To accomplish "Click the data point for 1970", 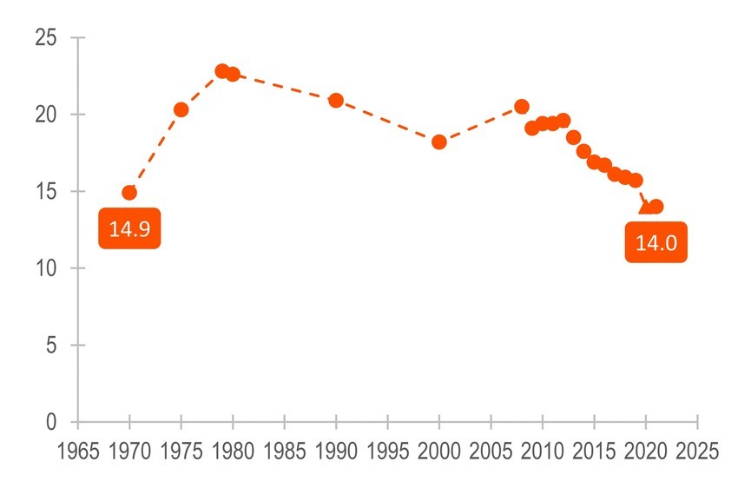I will click(x=129, y=193).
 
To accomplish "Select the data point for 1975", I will click(x=181, y=109).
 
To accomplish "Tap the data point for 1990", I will click(x=336, y=101).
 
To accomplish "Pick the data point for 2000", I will click(x=439, y=142).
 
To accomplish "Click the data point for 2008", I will click(x=522, y=106).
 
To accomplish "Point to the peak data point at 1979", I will click(x=222, y=71).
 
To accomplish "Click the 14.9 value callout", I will click(x=129, y=229).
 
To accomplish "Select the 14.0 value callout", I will click(x=656, y=243).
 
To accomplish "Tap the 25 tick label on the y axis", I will click(x=45, y=38).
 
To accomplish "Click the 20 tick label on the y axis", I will click(x=45, y=115).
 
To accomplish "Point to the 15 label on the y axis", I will click(x=45, y=192).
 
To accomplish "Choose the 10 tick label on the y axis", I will click(x=45, y=268).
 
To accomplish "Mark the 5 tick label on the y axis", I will click(x=51, y=346).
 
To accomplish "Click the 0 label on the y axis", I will click(x=51, y=422).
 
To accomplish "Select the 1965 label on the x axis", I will click(x=78, y=452).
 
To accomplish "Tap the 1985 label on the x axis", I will click(x=285, y=452).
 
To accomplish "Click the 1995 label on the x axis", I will click(x=388, y=452).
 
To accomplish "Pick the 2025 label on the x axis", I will click(x=697, y=452).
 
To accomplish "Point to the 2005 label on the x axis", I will click(x=491, y=452).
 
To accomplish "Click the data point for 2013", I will click(x=573, y=137).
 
